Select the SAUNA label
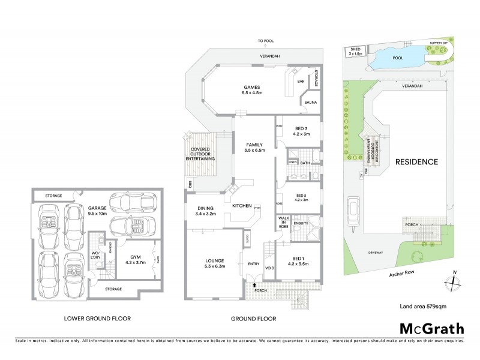(311, 103)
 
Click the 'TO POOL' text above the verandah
(266, 41)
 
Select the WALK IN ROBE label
(283, 223)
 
